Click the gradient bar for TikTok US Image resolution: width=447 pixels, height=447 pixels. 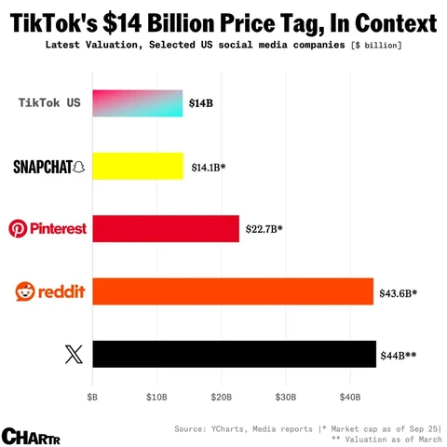(x=137, y=103)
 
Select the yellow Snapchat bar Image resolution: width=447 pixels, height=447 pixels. (x=137, y=166)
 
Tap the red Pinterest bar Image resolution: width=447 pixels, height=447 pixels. (x=165, y=228)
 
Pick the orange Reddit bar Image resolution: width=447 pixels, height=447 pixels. (x=232, y=291)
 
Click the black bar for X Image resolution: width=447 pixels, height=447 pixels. (x=233, y=354)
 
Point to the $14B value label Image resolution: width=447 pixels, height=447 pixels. (x=201, y=103)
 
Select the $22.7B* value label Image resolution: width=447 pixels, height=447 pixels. (x=264, y=228)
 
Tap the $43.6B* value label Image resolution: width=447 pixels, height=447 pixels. (x=398, y=292)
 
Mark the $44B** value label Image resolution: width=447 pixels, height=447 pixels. (x=398, y=355)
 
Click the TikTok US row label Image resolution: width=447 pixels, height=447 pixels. (x=49, y=102)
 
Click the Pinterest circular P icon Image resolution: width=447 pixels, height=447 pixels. (x=17, y=228)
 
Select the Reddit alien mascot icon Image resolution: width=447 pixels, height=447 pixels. (x=25, y=291)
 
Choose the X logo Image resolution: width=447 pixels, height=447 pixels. (x=74, y=354)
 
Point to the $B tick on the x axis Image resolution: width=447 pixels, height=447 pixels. (x=91, y=397)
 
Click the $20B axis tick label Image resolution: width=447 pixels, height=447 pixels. (x=221, y=397)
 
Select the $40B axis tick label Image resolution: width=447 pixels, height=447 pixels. (x=350, y=397)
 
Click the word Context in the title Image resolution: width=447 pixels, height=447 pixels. (x=383, y=20)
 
